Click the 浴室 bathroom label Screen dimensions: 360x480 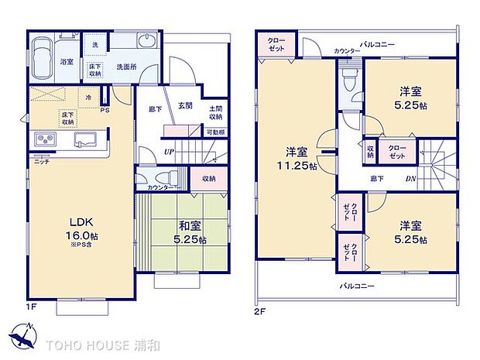click(67, 61)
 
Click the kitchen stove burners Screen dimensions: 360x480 click(43, 139)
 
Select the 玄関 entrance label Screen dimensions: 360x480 click(184, 106)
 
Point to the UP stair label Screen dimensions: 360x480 click(168, 151)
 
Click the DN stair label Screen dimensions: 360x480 click(410, 178)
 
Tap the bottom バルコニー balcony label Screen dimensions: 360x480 click(357, 286)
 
